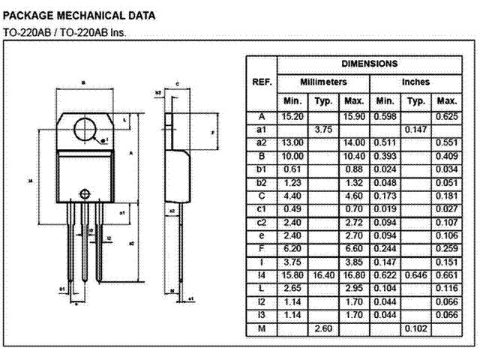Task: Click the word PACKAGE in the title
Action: pos(29,15)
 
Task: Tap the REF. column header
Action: pos(262,82)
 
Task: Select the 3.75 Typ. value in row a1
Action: pos(323,130)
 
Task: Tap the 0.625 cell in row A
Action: pos(446,117)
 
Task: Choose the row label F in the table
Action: pos(262,248)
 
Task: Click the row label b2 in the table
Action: pos(262,182)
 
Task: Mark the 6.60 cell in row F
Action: pos(353,248)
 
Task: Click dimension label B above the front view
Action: pos(83,82)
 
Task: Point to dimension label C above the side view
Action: pos(176,84)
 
